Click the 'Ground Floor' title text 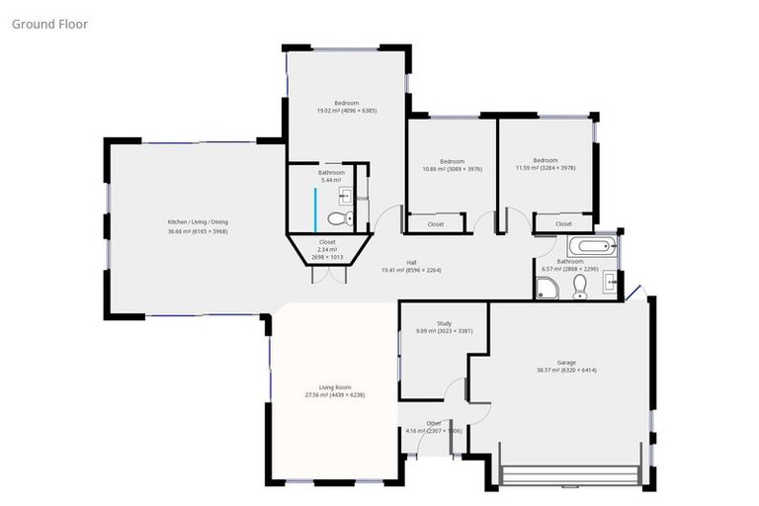(x=49, y=24)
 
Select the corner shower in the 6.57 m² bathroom (x=545, y=288)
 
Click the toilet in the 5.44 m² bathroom (x=339, y=218)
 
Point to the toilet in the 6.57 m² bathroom (x=580, y=287)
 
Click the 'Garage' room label (x=566, y=363)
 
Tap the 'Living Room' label (x=335, y=387)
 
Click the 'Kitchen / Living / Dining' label (x=198, y=222)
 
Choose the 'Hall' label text (x=425, y=261)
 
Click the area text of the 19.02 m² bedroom (x=346, y=111)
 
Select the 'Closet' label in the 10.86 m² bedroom (x=435, y=224)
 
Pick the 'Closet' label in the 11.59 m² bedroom (x=563, y=224)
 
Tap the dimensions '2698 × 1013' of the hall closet (x=326, y=257)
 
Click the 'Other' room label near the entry (x=433, y=423)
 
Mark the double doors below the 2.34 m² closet (x=328, y=275)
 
